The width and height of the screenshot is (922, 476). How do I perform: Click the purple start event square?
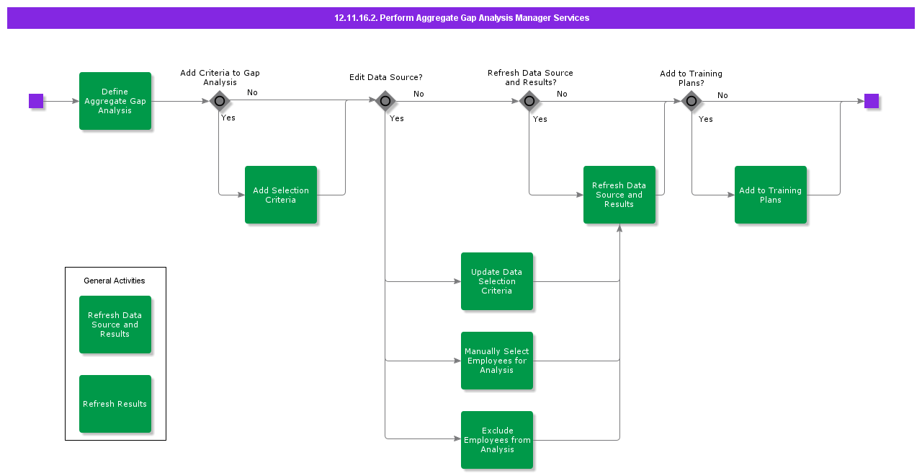(36, 101)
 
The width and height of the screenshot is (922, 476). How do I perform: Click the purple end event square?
(872, 101)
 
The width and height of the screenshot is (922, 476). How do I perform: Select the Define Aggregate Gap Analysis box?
(115, 101)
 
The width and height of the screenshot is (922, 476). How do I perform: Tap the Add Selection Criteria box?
(281, 195)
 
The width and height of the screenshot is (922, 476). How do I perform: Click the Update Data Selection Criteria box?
(497, 281)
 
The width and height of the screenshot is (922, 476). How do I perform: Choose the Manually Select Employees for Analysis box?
(497, 361)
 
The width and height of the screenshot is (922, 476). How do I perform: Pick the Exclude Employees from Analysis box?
(497, 440)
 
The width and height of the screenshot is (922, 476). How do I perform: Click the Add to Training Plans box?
(771, 195)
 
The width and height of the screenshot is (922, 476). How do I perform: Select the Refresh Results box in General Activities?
(115, 404)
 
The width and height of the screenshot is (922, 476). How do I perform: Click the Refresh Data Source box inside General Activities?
(115, 325)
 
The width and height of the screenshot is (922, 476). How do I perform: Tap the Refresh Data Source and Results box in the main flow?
(619, 195)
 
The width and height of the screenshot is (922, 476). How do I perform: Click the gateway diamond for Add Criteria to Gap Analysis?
(220, 101)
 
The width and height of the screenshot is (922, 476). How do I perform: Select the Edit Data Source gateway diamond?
(385, 101)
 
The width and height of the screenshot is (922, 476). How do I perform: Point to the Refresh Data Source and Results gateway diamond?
(529, 101)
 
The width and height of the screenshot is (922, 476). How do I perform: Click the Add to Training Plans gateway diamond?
(691, 101)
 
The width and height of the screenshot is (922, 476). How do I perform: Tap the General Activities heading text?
(115, 281)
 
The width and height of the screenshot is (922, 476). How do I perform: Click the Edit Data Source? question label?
(386, 77)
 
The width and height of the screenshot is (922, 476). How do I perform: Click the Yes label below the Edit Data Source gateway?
(397, 118)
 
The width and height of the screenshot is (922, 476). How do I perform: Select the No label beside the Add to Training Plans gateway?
(722, 95)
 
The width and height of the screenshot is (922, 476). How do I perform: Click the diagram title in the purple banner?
(461, 18)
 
